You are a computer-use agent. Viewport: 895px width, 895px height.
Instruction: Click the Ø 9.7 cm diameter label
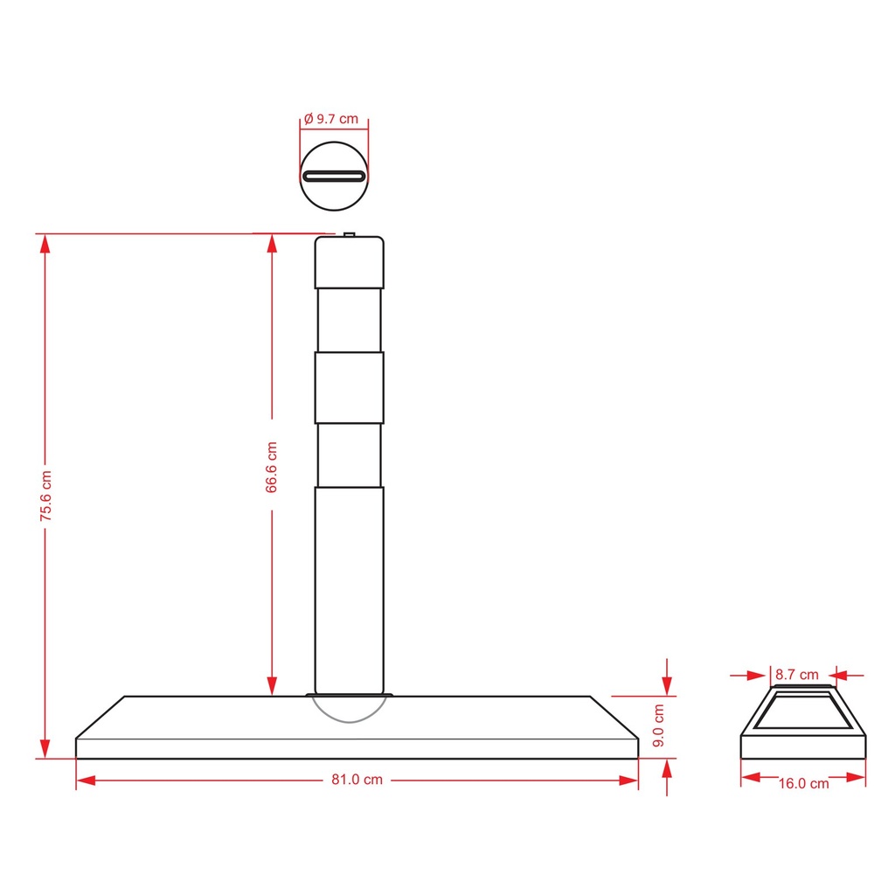[x=331, y=119]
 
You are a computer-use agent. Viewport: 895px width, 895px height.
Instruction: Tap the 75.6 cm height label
[x=45, y=496]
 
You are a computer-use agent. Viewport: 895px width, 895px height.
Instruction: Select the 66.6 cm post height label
[x=271, y=467]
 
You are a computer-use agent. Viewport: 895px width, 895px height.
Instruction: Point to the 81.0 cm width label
[x=357, y=779]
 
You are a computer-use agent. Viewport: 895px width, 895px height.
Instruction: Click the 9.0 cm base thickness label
[x=658, y=725]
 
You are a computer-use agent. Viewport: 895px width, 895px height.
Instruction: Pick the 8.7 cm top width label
[x=796, y=674]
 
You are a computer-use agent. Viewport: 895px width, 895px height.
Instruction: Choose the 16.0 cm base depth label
[x=804, y=783]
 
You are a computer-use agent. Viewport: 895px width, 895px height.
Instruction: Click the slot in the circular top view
[x=334, y=176]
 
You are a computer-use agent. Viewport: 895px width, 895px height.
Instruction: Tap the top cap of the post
[x=350, y=262]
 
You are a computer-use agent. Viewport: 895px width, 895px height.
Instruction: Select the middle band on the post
[x=350, y=387]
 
